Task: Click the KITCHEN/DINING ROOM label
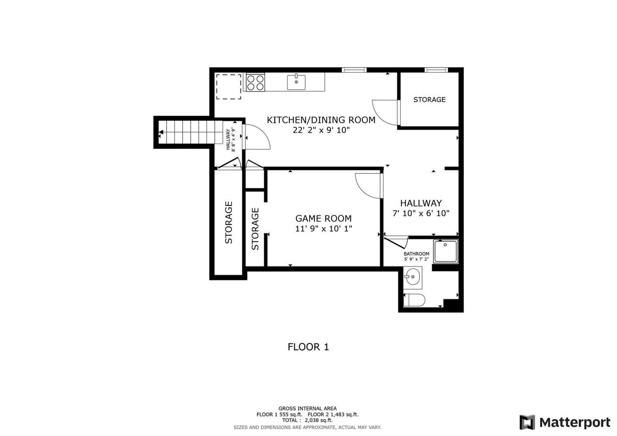(321, 120)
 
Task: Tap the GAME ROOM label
(324, 218)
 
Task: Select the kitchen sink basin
(296, 82)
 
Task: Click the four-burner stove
(256, 82)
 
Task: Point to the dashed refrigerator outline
(228, 86)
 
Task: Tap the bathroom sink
(412, 277)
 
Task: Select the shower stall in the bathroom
(446, 251)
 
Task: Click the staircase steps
(191, 132)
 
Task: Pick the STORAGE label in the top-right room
(430, 99)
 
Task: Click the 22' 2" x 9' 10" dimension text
(321, 130)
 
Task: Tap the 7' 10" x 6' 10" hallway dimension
(421, 213)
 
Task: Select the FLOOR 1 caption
(308, 347)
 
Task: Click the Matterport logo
(565, 422)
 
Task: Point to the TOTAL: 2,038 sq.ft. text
(307, 420)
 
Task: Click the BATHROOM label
(416, 254)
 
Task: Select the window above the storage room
(436, 70)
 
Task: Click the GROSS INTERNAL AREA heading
(307, 409)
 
